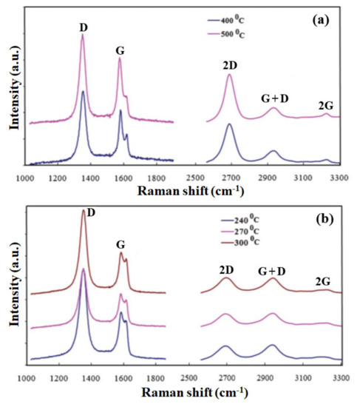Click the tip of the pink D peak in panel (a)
[82, 35]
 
